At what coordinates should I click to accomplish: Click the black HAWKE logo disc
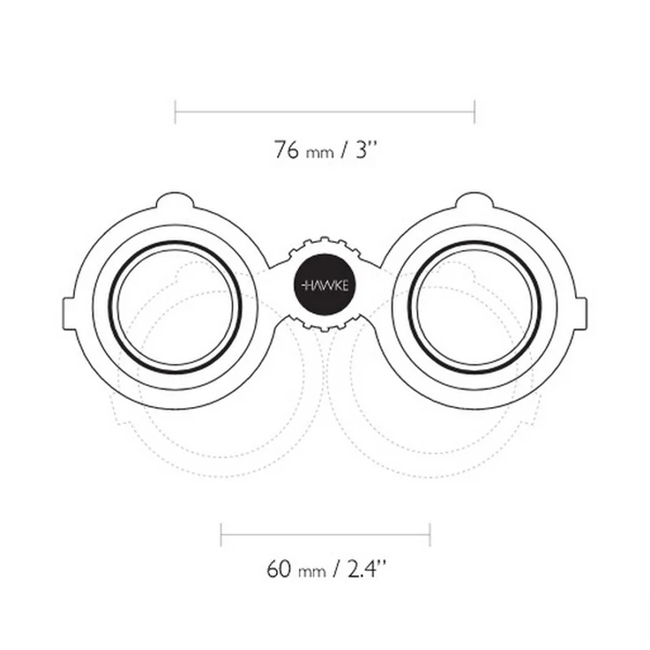tap(324, 285)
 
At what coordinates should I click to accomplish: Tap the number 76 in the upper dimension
tap(286, 149)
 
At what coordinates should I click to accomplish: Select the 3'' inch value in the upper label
tap(366, 149)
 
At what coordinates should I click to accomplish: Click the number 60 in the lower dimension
tap(279, 570)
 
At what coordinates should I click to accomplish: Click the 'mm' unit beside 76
tap(319, 153)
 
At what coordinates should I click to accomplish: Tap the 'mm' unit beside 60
tap(312, 573)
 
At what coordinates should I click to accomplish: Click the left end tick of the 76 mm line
tap(175, 112)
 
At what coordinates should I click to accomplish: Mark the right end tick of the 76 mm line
tap(474, 112)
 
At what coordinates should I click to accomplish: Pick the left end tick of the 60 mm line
tap(221, 535)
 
